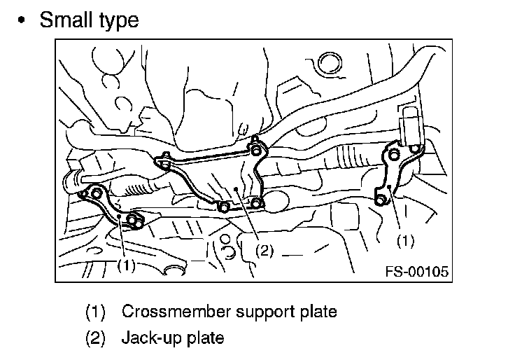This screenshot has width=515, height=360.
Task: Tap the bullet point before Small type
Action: coord(22,20)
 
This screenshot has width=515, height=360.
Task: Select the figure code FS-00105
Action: coord(417,272)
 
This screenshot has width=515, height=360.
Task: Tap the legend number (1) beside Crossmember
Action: coord(95,312)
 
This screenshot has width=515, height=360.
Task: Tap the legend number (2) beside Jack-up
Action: coord(95,338)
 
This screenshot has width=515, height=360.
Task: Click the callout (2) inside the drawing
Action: coord(264,251)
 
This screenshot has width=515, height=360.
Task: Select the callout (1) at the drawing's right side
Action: coord(406,241)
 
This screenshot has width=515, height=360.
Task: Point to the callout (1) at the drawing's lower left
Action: coord(127,265)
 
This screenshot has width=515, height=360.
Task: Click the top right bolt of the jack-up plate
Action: coord(256,151)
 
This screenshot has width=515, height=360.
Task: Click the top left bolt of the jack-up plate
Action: coord(165,163)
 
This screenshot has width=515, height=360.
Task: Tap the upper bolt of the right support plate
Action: coord(393,154)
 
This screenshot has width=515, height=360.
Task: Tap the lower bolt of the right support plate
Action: coord(380,199)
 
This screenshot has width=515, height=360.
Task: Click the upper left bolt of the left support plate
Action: coord(96,193)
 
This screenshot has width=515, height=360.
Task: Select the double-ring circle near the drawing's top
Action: coord(330,64)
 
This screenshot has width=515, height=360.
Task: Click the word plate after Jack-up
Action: coord(205,338)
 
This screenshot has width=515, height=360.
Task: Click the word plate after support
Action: coord(318,312)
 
